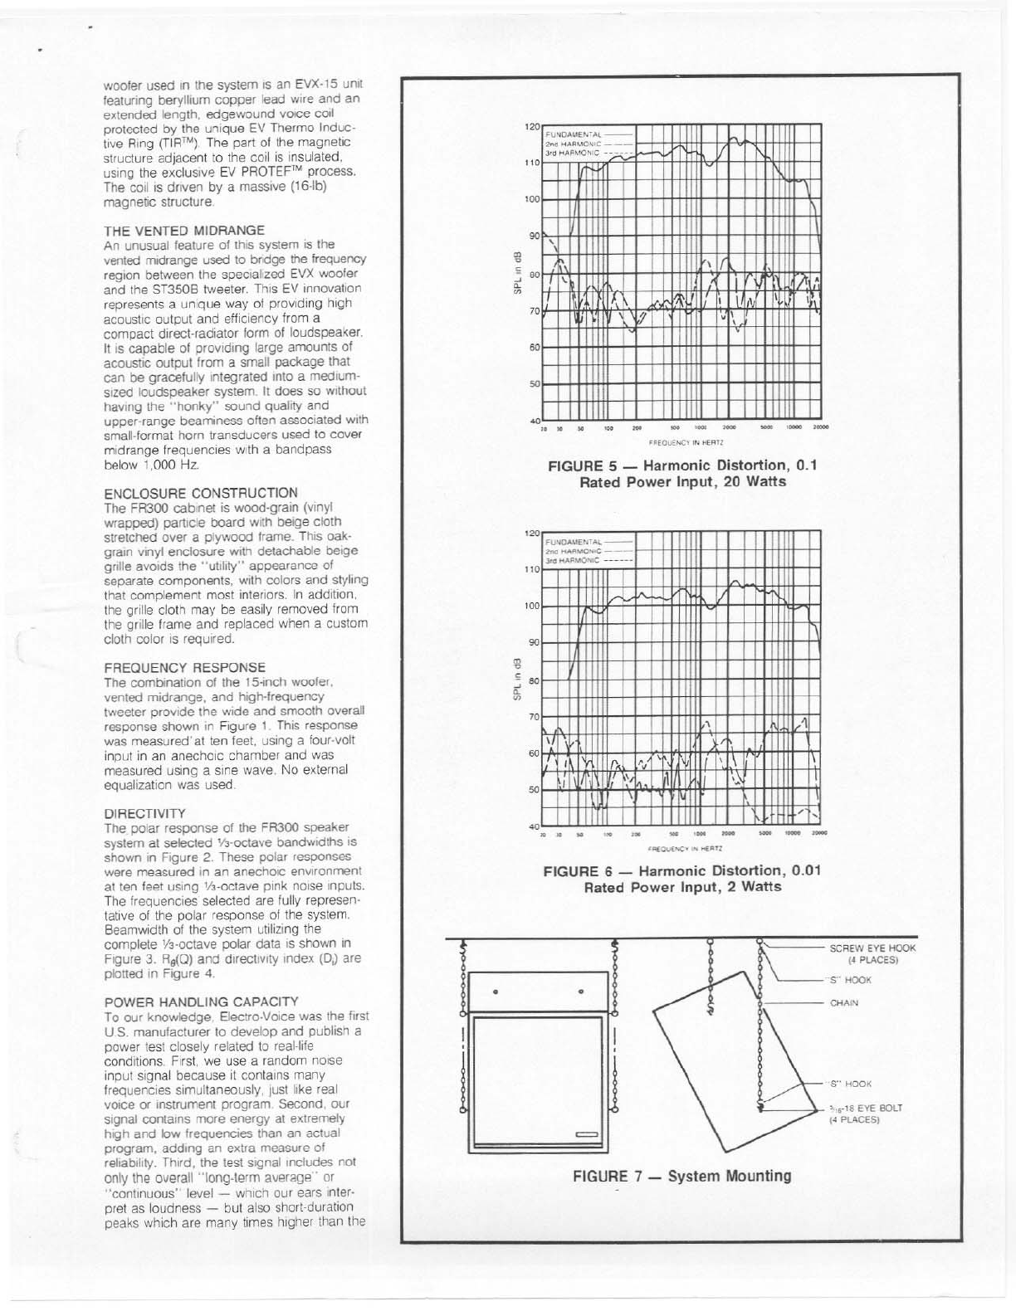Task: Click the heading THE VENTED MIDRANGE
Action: pos(183,230)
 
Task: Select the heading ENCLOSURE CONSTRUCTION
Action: pos(200,492)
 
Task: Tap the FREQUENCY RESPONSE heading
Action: pos(185,667)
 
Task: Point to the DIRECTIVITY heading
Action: pos(145,812)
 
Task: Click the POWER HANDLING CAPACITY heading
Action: pos(201,1002)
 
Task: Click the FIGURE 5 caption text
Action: pos(683,473)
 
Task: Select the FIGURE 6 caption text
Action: pos(682,879)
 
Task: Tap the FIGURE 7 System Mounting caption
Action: pos(681,1176)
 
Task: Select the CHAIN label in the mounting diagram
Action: pos(844,1002)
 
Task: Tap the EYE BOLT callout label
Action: pos(866,1113)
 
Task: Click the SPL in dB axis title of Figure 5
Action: pos(516,272)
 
